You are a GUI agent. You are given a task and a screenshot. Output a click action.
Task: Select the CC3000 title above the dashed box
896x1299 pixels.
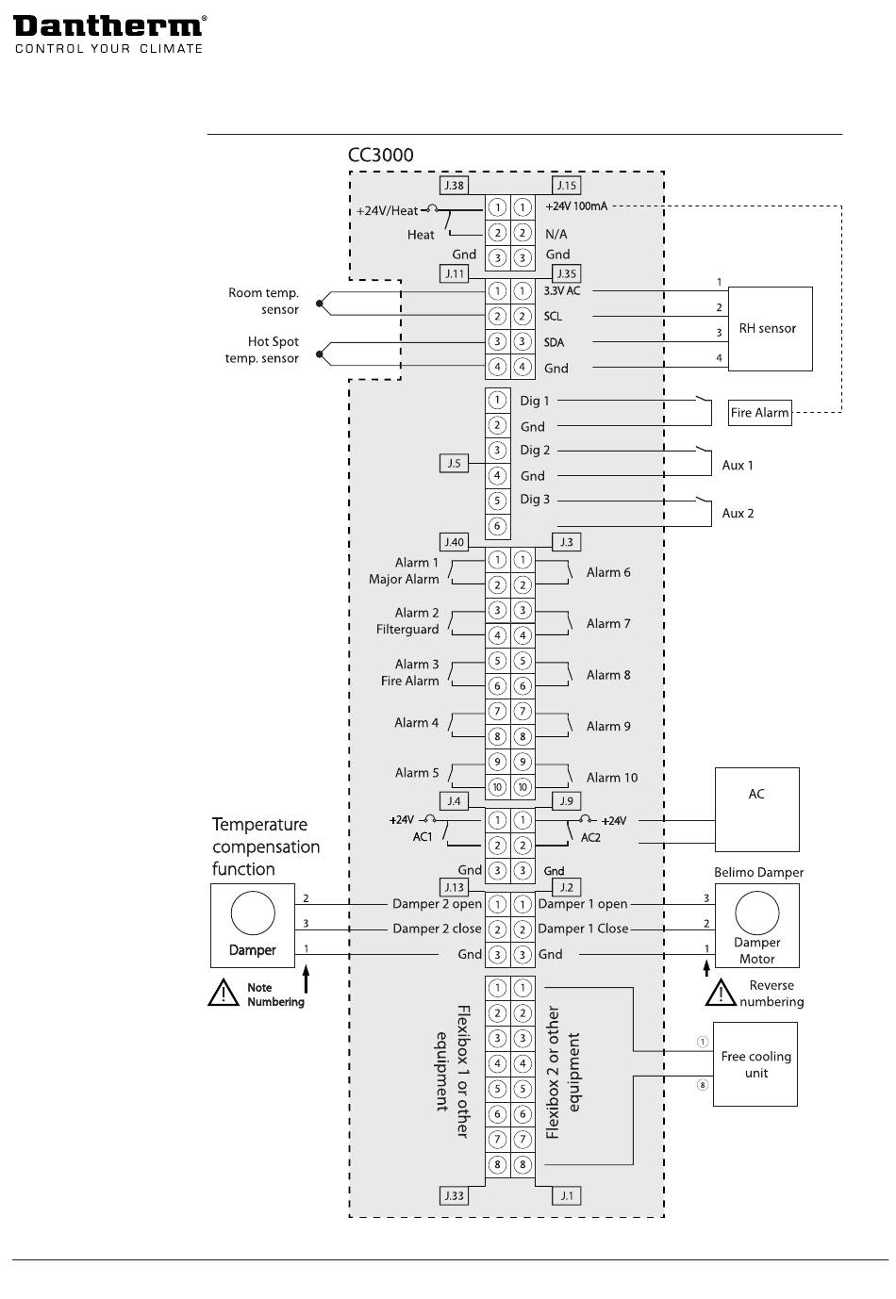(x=380, y=155)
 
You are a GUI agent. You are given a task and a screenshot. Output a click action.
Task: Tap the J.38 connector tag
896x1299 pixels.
(x=454, y=186)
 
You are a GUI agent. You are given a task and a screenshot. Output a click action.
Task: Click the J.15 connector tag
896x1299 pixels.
(x=567, y=186)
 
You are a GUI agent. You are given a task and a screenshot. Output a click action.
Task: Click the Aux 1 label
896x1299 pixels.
(x=738, y=465)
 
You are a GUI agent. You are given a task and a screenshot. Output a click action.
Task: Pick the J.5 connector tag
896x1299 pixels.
(x=454, y=464)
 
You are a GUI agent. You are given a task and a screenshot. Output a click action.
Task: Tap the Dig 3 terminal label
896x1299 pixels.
(x=535, y=500)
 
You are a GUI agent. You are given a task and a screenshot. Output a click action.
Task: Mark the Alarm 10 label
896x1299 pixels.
(x=612, y=777)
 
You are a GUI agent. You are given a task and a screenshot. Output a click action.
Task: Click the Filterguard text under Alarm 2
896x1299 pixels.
(x=407, y=629)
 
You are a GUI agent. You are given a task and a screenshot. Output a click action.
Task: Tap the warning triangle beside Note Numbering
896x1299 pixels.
(x=224, y=993)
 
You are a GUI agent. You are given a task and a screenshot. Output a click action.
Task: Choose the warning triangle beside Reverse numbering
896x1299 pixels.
(x=721, y=993)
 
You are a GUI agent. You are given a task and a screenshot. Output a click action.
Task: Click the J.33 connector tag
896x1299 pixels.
(x=454, y=1195)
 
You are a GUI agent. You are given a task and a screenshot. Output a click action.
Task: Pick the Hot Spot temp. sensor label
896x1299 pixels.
(x=261, y=350)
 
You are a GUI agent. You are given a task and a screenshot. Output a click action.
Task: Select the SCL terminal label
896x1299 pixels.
(x=553, y=316)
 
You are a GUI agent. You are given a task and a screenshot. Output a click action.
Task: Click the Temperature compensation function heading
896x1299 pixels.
(x=266, y=847)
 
